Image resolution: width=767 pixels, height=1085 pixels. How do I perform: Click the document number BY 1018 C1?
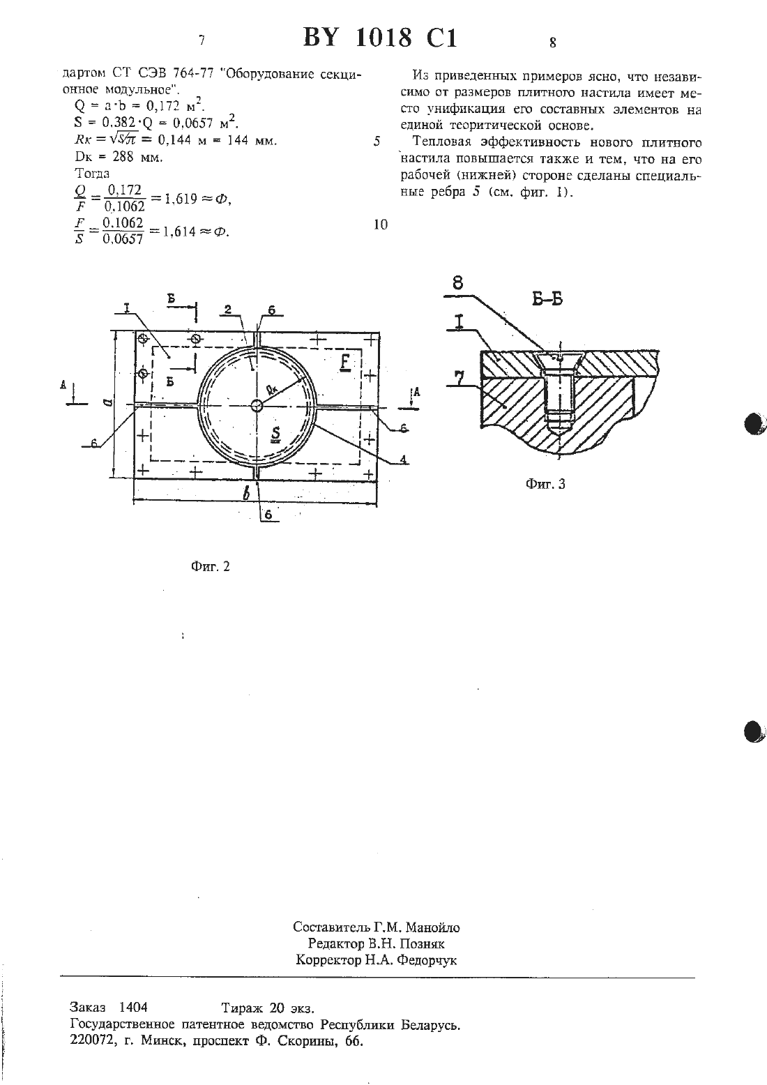[380, 37]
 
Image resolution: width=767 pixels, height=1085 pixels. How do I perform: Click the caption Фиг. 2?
[210, 567]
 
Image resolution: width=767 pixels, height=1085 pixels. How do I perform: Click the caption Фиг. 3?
[545, 484]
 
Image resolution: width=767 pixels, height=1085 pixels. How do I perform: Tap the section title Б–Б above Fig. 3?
[547, 299]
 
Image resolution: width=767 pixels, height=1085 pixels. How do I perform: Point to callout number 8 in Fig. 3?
[458, 282]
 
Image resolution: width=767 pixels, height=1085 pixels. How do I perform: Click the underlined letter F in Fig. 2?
[345, 363]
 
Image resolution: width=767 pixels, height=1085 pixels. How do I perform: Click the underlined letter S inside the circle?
[275, 434]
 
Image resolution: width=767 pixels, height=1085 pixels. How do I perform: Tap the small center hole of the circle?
[257, 405]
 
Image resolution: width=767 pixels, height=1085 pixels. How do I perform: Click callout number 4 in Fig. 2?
[403, 459]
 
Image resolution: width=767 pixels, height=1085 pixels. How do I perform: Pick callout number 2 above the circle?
[228, 309]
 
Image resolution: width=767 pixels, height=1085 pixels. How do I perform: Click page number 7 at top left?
[202, 40]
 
